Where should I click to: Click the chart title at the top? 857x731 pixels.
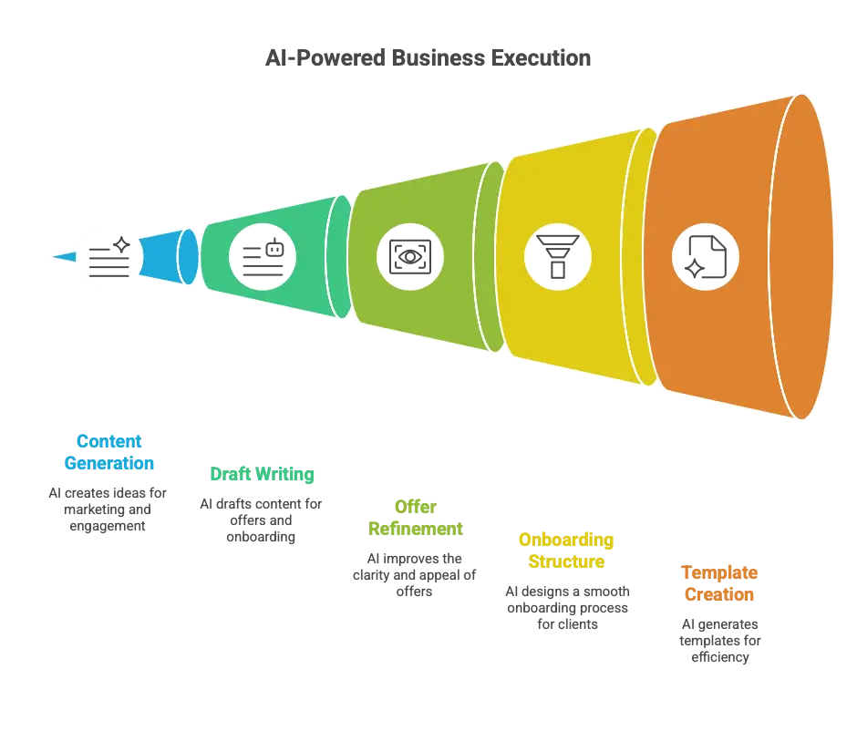(x=428, y=57)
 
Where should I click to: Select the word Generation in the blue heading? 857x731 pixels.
(x=108, y=462)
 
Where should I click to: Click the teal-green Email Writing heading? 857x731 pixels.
(x=261, y=474)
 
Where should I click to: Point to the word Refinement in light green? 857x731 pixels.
(x=415, y=529)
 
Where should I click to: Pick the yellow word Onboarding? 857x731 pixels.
(x=566, y=540)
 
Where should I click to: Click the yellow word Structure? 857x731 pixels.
(x=566, y=561)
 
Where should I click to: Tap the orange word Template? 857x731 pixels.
(x=718, y=572)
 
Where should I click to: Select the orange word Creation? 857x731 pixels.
(x=718, y=594)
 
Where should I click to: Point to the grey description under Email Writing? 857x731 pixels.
(x=261, y=520)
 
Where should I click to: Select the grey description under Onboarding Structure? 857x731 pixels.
(x=566, y=606)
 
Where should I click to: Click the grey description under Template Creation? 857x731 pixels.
(x=718, y=641)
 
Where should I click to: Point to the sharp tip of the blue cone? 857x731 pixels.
(x=53, y=256)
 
